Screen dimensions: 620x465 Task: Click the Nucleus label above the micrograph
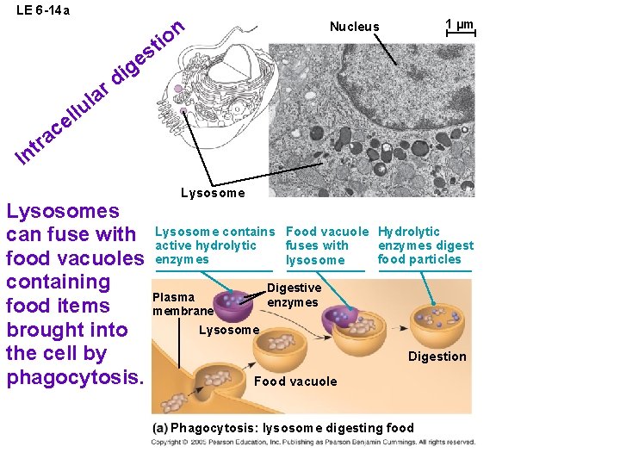point(354,27)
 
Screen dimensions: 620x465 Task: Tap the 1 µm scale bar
point(461,33)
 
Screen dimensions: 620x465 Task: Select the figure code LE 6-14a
point(43,10)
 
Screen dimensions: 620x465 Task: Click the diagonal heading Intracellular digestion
point(100,92)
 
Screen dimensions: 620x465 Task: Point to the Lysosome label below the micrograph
point(213,193)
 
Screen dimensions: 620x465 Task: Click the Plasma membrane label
point(183,304)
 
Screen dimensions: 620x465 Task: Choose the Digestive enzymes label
point(294,295)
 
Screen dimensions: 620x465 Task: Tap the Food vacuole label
point(295,381)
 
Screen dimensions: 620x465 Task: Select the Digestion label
point(437,356)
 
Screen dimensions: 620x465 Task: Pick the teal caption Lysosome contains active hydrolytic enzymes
point(214,245)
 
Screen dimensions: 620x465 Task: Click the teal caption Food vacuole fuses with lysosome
point(327,245)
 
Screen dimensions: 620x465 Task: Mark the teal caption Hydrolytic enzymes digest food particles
point(425,245)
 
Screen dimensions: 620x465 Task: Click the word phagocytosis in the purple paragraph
point(75,377)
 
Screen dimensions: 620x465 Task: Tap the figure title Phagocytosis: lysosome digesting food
point(283,428)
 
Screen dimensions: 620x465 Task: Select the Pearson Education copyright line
point(313,442)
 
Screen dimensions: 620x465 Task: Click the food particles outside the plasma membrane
point(174,402)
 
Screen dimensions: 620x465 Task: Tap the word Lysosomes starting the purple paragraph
point(63,212)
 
